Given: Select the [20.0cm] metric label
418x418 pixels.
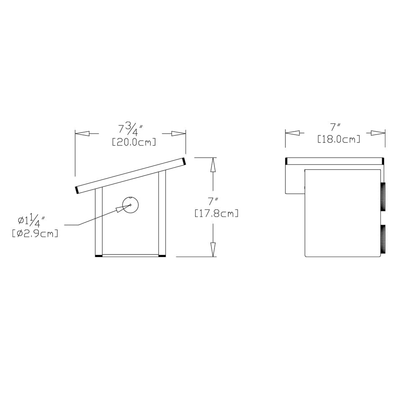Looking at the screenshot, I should click(x=134, y=142).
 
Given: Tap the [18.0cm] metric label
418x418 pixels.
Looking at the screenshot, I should click(x=338, y=139).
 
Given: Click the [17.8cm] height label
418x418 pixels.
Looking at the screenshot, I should click(x=217, y=214).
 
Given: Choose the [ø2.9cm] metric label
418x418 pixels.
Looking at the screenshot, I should click(x=35, y=233).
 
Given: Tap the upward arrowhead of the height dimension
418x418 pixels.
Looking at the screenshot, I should click(x=213, y=166).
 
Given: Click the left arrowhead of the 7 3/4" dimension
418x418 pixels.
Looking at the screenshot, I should click(x=82, y=134).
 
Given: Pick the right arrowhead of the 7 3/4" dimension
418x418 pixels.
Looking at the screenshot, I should click(x=178, y=134).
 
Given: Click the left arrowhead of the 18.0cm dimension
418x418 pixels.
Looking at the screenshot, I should click(x=293, y=133).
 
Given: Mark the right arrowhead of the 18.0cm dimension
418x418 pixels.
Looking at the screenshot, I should click(x=378, y=133).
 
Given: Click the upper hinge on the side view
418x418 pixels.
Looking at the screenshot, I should click(x=382, y=196).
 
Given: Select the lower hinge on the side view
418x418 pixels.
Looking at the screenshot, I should click(x=382, y=238).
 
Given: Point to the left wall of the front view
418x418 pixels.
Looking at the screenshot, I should click(x=99, y=222).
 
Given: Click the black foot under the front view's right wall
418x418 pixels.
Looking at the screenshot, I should click(x=162, y=255).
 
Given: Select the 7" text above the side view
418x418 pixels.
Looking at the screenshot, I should click(x=334, y=127).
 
